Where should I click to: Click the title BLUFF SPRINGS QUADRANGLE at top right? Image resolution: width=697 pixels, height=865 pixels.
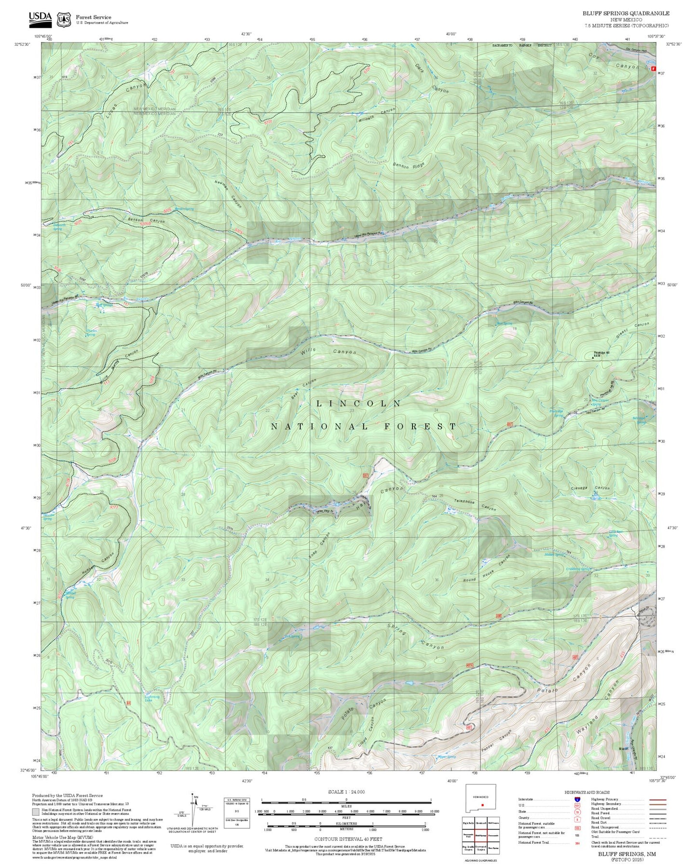(626, 14)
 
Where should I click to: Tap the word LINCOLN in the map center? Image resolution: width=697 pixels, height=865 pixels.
(359, 404)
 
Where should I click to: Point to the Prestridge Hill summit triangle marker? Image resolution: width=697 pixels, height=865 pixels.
(593, 358)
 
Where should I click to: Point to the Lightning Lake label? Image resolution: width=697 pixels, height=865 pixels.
(152, 698)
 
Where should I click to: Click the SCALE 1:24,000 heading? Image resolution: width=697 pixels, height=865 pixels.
(346, 792)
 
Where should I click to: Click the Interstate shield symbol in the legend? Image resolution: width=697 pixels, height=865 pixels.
(577, 799)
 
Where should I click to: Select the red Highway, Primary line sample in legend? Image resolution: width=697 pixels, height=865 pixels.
(656, 799)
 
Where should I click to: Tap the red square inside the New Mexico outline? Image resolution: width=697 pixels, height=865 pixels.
(482, 805)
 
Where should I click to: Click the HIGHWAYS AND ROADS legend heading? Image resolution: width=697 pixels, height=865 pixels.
(587, 792)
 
